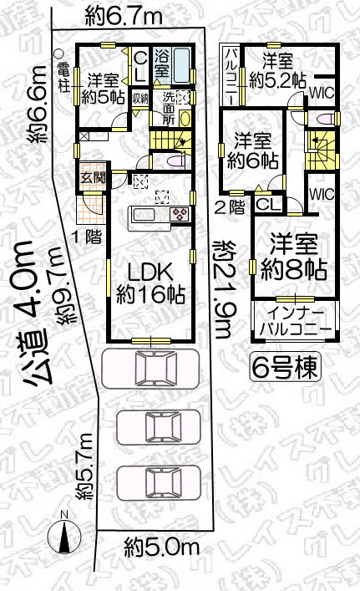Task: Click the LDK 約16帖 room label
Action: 150,282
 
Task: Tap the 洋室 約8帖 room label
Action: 292,257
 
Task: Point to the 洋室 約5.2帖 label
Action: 274,71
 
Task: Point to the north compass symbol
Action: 63,528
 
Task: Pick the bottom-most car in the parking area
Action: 155,483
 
